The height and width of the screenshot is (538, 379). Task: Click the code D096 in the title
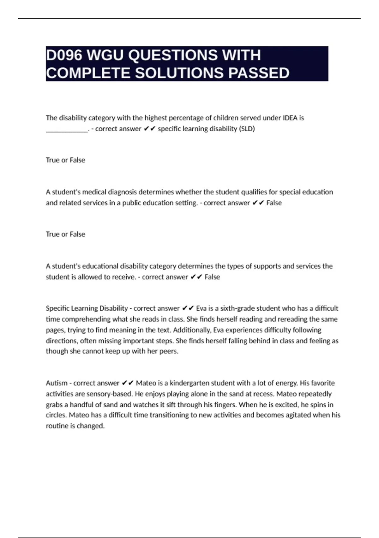pos(64,55)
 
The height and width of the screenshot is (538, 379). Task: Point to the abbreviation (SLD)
pos(247,129)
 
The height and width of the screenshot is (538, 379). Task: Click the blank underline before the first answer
pos(67,129)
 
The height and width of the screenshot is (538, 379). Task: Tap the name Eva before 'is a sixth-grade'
pos(201,308)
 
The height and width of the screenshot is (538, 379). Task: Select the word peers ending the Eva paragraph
pos(170,351)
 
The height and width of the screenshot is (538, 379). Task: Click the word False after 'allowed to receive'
pos(212,277)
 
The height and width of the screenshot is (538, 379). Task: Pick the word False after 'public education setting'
pos(274,203)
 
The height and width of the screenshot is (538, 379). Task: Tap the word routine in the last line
pos(57,426)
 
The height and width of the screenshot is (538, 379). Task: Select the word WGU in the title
pos(105,55)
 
